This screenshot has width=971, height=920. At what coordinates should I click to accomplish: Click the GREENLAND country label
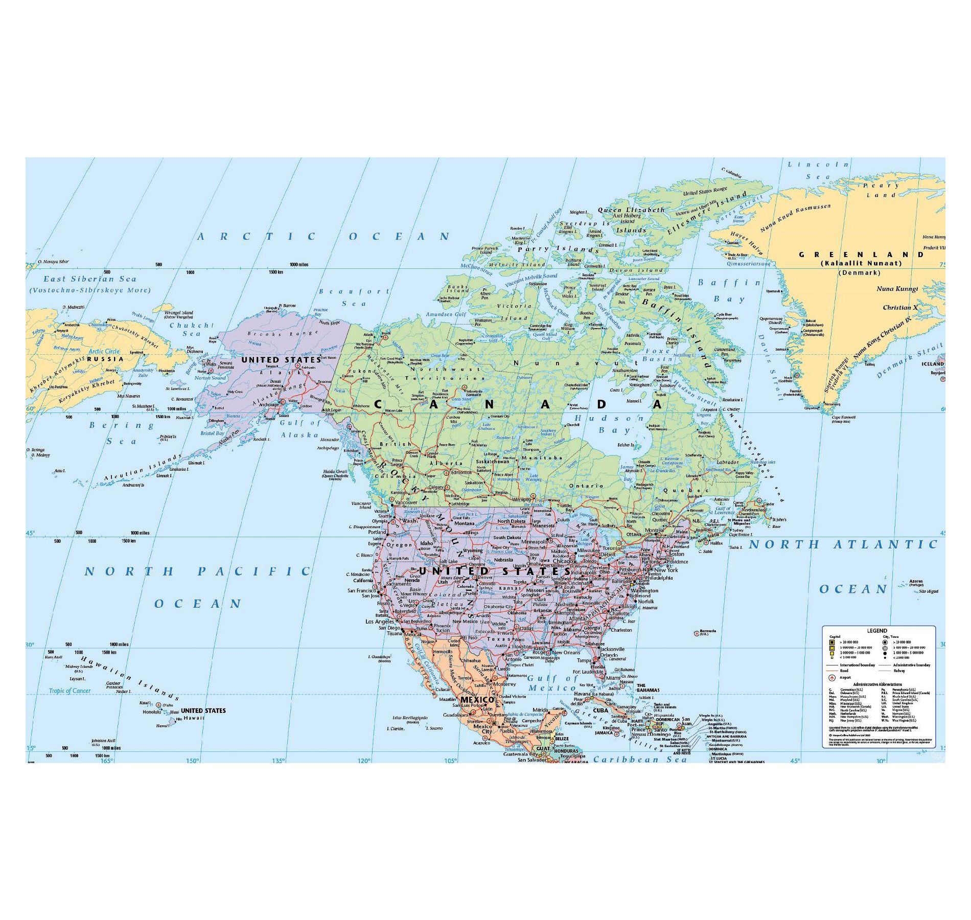862,255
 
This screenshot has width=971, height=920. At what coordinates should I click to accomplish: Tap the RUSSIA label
105,359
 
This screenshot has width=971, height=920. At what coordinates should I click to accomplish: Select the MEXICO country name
477,699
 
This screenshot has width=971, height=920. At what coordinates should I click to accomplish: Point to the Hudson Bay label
611,424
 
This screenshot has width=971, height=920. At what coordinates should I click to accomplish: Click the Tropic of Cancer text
70,691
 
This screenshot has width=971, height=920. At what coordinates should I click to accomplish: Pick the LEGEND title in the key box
877,631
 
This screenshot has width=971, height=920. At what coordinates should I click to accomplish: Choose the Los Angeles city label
380,622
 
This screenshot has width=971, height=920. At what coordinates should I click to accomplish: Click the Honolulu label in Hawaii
152,712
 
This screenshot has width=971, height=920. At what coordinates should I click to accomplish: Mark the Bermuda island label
708,632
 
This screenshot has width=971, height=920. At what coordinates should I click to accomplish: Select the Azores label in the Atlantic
916,581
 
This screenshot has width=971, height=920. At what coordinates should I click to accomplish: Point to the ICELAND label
933,364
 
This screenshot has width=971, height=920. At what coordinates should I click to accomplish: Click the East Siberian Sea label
90,279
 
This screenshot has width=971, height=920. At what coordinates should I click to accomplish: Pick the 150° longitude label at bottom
192,761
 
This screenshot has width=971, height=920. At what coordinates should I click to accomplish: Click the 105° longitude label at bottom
451,761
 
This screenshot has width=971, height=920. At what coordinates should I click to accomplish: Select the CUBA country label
600,710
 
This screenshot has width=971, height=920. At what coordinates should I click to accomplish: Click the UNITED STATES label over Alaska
281,360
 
